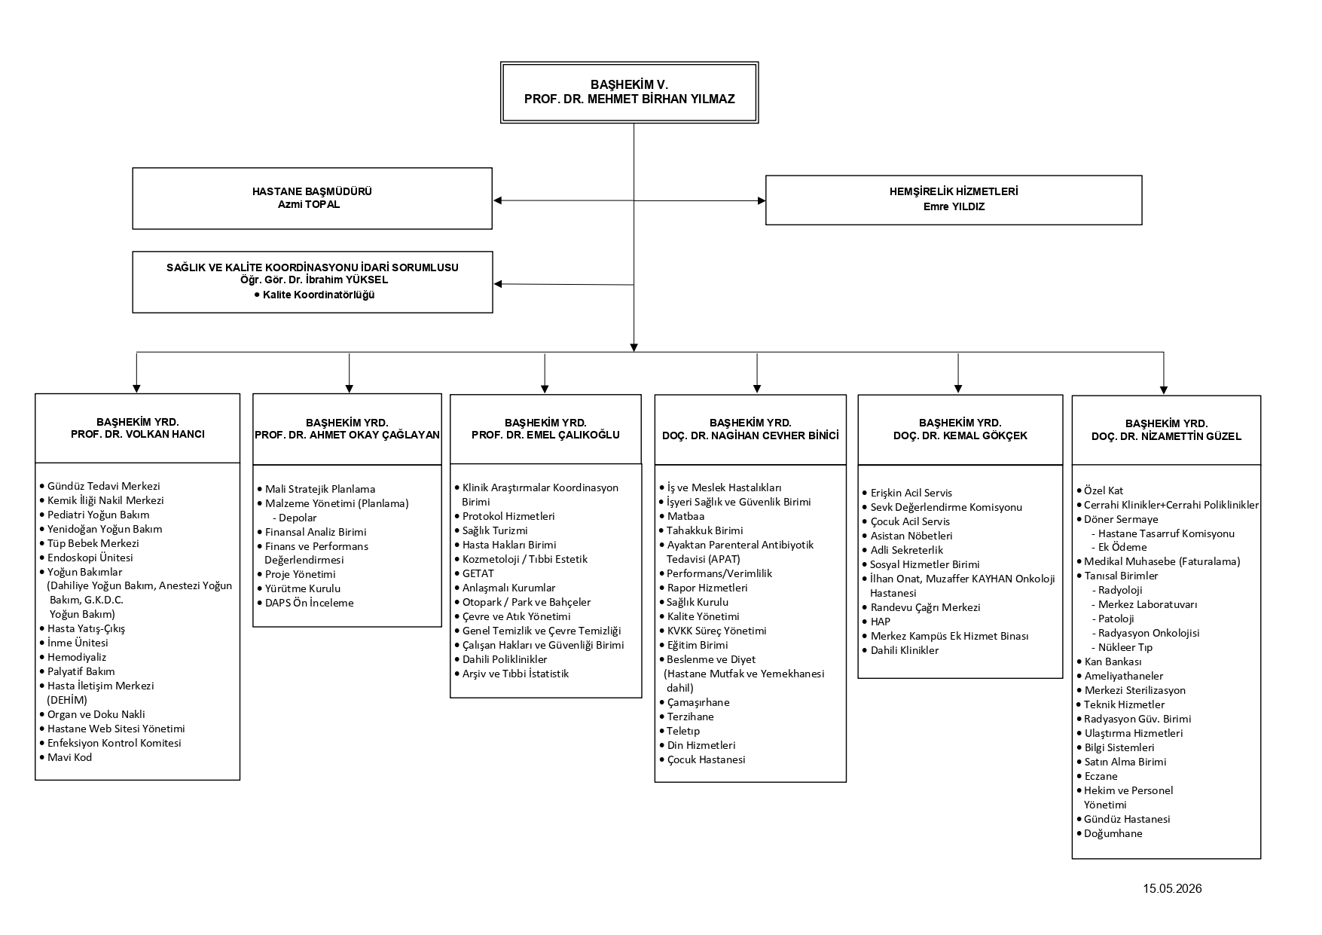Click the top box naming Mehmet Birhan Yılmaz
click(629, 93)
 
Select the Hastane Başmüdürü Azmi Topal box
click(313, 198)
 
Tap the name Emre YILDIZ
click(954, 206)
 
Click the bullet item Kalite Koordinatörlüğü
click(315, 295)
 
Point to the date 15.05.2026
click(1172, 888)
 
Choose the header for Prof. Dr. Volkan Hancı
click(138, 428)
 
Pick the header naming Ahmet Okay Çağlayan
click(347, 429)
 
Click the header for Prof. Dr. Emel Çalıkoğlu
click(546, 429)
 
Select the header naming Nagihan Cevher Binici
click(751, 429)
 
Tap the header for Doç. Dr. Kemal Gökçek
click(960, 429)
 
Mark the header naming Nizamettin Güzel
click(1167, 429)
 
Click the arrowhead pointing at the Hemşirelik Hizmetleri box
click(761, 201)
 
